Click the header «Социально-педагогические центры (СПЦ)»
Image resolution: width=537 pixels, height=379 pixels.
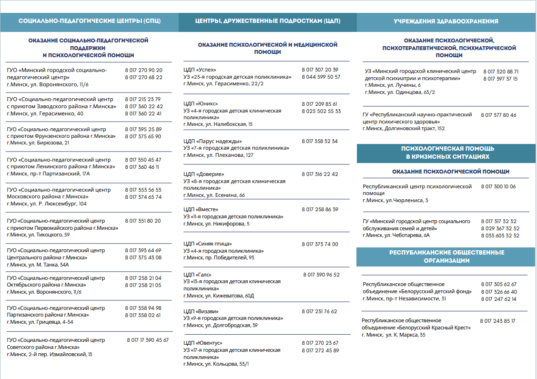coord(90,21)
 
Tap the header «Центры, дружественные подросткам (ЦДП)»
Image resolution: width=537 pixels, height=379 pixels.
coord(267,21)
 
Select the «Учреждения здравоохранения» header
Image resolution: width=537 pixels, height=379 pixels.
coord(446,21)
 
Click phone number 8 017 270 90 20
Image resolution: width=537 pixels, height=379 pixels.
coord(143,70)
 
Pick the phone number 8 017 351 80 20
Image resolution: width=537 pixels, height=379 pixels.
coord(143,221)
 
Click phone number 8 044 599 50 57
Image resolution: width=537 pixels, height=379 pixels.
coord(321,77)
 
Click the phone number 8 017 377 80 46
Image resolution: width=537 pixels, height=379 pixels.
coord(498,115)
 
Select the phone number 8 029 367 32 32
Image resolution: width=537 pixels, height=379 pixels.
coord(500,228)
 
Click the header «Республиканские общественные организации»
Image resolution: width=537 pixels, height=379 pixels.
coord(446,256)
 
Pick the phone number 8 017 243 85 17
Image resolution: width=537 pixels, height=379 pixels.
coord(497,321)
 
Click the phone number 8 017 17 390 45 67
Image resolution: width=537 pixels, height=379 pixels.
coord(148,340)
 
